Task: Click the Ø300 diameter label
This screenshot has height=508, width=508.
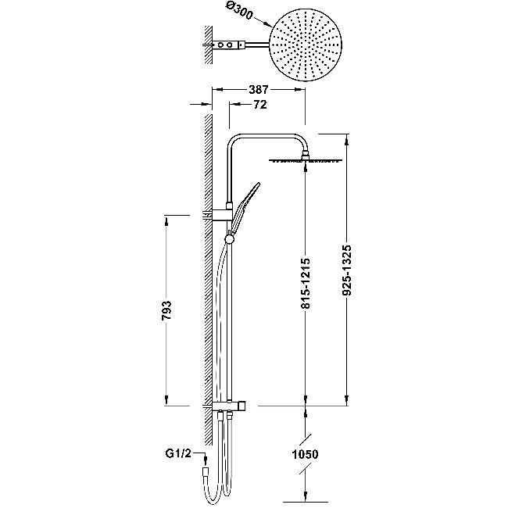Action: click(238, 13)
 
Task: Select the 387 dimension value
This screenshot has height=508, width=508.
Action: click(259, 89)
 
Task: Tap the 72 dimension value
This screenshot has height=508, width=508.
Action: click(259, 104)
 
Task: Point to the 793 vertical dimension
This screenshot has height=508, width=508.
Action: click(166, 310)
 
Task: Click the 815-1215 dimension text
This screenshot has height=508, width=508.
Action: click(306, 283)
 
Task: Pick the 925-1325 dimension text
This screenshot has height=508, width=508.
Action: click(347, 270)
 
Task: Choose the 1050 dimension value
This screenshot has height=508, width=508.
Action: click(305, 454)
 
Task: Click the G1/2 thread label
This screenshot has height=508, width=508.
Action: click(178, 453)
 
